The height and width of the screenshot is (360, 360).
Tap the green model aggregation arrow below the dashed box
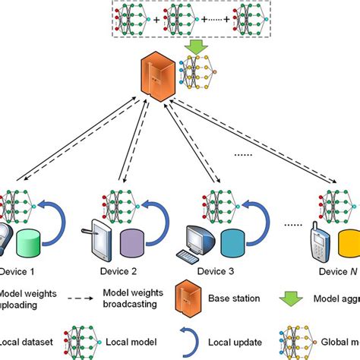[195, 48]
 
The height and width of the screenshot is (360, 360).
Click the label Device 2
[118, 270]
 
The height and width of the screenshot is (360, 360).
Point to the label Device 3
[219, 270]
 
